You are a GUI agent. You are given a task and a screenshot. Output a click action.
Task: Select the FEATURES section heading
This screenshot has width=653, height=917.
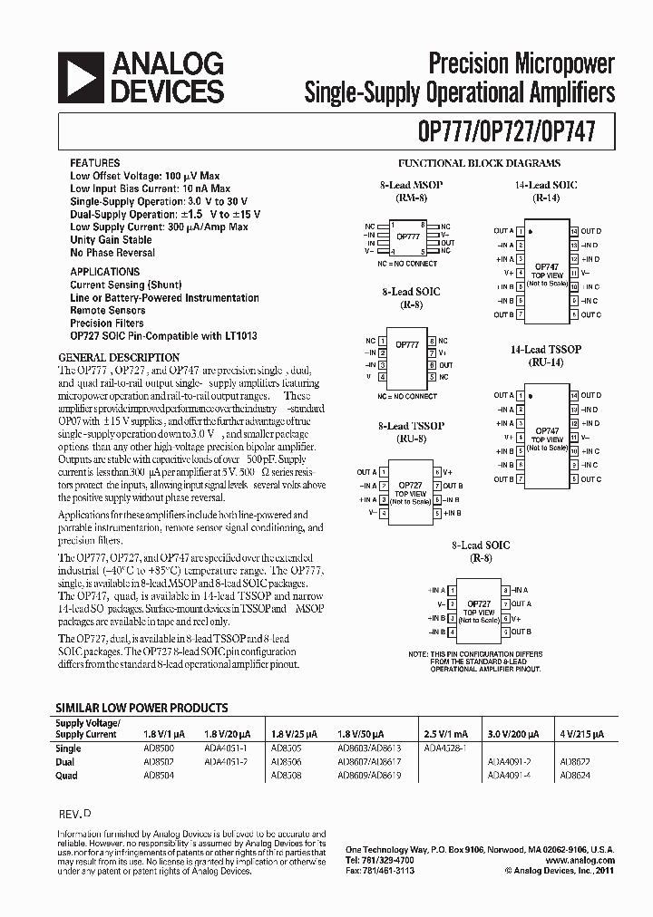point(95,163)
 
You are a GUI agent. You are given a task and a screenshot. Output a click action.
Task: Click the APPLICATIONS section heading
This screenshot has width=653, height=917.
point(105,272)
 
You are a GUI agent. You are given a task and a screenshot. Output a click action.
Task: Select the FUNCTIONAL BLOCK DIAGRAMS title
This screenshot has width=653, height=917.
point(492,163)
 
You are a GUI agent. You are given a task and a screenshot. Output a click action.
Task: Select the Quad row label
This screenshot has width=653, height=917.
point(67,776)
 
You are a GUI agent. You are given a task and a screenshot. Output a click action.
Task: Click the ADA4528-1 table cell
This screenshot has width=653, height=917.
point(444,749)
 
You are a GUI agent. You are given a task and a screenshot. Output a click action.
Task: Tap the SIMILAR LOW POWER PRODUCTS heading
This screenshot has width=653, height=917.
point(142,708)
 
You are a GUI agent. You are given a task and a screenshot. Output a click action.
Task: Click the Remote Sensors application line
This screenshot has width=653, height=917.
point(108,310)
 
